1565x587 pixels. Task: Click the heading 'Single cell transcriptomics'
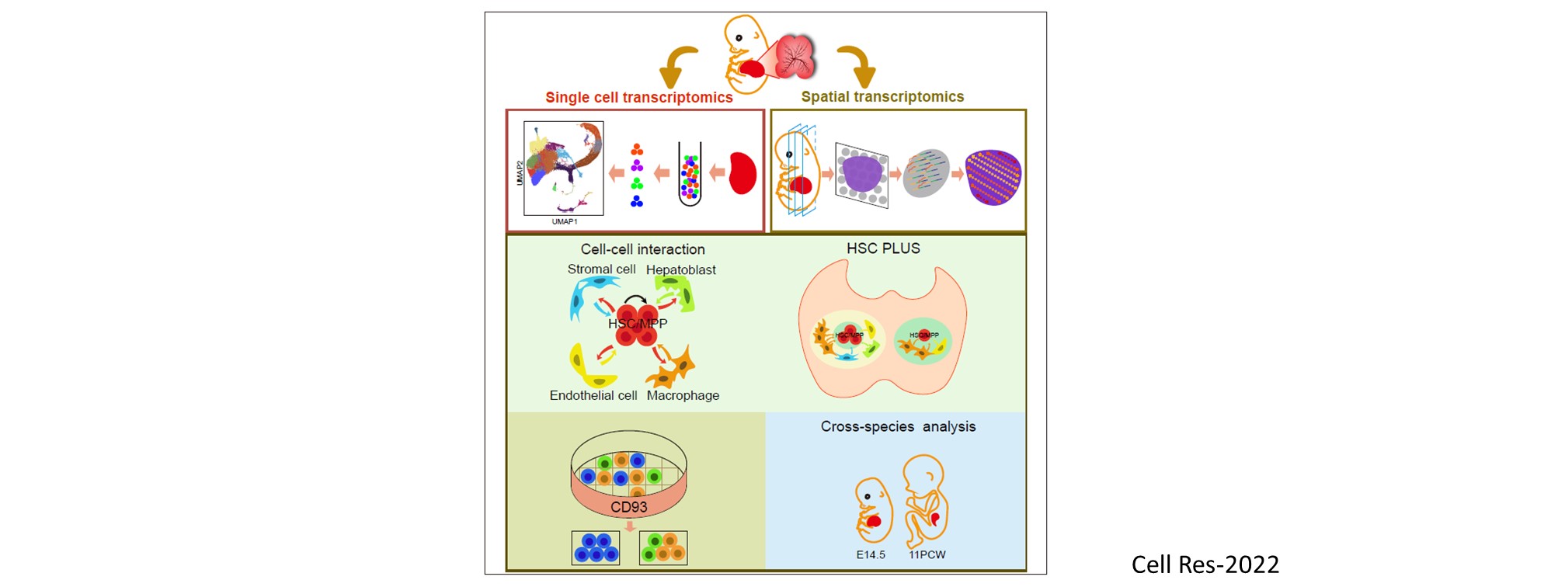coord(638,97)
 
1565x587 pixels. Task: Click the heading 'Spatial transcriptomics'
coord(882,96)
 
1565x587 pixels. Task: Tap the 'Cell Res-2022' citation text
coord(1205,564)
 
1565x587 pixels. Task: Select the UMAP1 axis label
coord(565,221)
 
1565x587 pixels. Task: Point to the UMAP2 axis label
coord(520,172)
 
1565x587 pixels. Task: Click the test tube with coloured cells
coord(690,174)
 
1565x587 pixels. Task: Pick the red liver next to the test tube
coord(743,172)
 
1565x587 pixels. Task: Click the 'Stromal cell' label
coord(601,269)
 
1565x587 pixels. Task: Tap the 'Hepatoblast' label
coord(681,269)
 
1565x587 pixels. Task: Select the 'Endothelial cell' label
coord(593,395)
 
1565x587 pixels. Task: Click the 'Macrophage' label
coord(683,395)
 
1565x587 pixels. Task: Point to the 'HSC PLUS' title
coord(883,248)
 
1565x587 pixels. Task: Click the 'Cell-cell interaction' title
coord(643,249)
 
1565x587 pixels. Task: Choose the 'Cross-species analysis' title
coord(898,426)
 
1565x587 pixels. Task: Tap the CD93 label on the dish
coord(628,507)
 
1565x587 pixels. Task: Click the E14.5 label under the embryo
coord(871,554)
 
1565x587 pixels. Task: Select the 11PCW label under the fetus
coord(927,554)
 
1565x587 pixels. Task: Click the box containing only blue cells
coord(596,547)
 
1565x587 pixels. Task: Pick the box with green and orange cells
coord(663,547)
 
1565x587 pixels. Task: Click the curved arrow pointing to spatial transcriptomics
coord(858,67)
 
